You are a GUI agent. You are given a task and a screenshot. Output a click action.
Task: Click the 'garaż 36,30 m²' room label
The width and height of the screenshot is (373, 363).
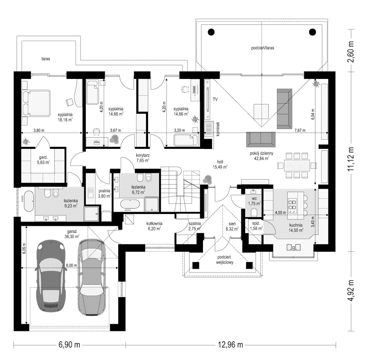[72, 234]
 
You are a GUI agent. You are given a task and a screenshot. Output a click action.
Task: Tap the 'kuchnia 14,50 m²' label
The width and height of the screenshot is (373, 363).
[296, 227]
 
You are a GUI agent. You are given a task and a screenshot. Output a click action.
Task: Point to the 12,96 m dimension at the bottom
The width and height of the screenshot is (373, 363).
[230, 344]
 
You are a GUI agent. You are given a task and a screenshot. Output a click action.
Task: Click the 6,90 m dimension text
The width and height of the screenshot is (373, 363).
[69, 344]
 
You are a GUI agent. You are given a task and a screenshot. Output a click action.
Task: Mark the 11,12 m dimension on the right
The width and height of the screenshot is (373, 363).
[350, 159]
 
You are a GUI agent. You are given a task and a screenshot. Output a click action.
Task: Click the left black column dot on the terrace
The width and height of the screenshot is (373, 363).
[211, 32]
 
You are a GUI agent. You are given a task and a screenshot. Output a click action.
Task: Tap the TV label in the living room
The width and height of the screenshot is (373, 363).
[215, 99]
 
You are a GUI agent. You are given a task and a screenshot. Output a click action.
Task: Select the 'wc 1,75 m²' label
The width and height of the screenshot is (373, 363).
[254, 201]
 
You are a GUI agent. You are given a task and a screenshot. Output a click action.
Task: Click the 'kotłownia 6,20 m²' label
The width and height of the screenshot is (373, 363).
[154, 226]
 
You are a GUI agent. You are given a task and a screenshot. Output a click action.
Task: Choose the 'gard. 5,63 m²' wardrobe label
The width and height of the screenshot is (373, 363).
[43, 160]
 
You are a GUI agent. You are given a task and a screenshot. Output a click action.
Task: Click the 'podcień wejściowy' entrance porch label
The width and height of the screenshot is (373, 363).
[224, 260]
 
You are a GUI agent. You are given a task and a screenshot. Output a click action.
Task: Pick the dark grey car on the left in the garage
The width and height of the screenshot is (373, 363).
[50, 276]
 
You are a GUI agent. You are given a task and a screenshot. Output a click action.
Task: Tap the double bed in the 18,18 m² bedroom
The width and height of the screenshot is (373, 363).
[36, 103]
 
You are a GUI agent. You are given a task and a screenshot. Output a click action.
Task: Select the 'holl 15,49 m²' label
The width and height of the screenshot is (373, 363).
[220, 165]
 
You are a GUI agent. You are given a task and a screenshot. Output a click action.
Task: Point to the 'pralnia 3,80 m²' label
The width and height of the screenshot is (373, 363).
[104, 194]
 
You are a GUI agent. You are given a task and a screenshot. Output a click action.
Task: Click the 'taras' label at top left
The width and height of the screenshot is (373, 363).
[46, 58]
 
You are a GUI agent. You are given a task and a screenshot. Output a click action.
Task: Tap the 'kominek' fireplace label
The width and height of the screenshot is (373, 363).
[218, 129]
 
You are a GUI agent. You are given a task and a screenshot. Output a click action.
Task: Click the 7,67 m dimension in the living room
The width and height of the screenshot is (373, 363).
[300, 130]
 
